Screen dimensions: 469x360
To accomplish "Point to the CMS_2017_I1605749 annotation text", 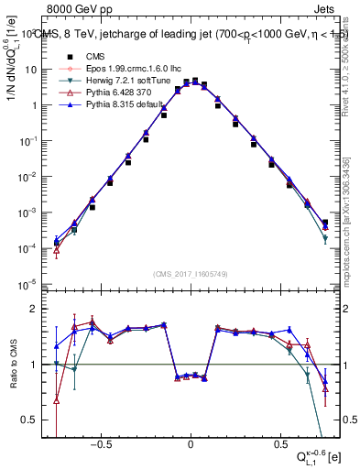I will point(190,275).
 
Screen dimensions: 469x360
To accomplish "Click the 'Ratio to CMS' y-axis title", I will point(12,365).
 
